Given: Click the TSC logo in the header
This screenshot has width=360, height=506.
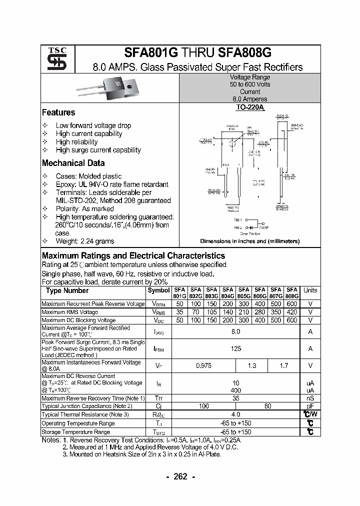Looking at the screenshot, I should [53, 58].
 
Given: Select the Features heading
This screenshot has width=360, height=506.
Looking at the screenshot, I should [58, 112].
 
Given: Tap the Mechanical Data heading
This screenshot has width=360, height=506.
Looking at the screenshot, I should [73, 163].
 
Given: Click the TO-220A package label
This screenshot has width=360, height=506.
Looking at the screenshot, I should [249, 107].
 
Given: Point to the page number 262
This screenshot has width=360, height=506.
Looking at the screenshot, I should [180, 476].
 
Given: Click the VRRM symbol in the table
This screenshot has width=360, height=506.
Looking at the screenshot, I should [159, 304].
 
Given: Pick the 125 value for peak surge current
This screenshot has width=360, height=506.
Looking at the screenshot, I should [236, 348].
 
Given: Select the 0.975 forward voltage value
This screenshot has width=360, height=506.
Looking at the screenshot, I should [203, 365].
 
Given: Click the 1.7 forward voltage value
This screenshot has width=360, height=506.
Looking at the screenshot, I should [284, 365].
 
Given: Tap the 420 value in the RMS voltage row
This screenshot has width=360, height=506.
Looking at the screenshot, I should [292, 312].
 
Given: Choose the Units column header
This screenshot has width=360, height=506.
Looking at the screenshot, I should [310, 290].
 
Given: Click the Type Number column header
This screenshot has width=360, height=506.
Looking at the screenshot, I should [67, 290].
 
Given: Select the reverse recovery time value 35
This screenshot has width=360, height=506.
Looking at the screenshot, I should [236, 398].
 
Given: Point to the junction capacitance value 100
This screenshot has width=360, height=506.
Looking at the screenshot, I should [203, 406].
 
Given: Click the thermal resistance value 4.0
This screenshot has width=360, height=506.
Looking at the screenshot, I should [236, 414].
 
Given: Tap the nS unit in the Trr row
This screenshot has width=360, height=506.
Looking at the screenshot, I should [310, 398].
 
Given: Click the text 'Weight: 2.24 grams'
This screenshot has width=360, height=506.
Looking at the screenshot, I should [84, 241].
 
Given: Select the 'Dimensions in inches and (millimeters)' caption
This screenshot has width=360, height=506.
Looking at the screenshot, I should [249, 241].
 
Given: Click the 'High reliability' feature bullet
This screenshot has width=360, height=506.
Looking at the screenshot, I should [76, 142].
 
